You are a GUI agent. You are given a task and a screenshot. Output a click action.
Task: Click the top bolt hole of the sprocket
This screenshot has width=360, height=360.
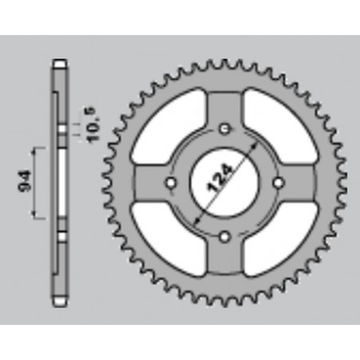[225, 128]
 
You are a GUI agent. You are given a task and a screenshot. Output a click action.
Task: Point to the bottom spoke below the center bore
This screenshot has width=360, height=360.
[225, 255]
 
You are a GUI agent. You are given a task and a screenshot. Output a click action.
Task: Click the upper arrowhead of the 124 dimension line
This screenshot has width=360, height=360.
[252, 148]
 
